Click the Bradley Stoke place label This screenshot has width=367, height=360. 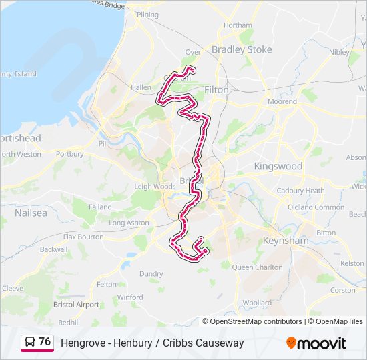coord(242,49)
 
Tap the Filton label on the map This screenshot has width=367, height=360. coord(216,89)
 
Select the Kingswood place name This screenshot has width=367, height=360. coord(278,166)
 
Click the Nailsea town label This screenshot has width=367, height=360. coord(31,213)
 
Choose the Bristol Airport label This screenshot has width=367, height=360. coord(76,305)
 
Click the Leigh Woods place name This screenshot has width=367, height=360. coord(154,187)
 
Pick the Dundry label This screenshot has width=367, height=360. coord(151,273)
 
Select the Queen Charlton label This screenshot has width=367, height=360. coord(257,267)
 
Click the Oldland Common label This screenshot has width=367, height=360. coord(316,207)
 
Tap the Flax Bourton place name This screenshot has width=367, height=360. coord(83,237)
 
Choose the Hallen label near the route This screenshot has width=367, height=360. coord(141,87)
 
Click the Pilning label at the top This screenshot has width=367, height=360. coord(147,15)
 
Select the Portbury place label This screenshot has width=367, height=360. coord(70,154)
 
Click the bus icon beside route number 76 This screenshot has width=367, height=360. coord(30,343)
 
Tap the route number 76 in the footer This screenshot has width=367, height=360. coord(45,342)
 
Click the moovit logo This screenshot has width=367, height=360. coord(316,343)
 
